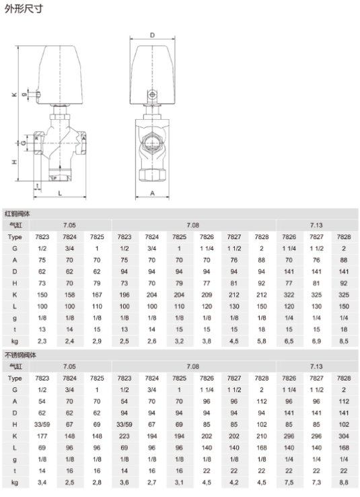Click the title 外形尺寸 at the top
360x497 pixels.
pyautogui.click(x=24, y=9)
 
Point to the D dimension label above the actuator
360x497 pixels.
pyautogui.click(x=152, y=35)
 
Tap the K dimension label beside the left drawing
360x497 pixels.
pyautogui.click(x=14, y=94)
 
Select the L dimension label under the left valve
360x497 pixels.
pyautogui.click(x=60, y=193)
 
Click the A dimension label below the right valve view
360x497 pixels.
pyautogui.click(x=152, y=193)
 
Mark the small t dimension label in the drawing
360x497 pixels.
pyautogui.click(x=38, y=185)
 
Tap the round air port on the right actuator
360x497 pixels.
pyautogui.click(x=152, y=95)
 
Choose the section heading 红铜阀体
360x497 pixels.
pyautogui.click(x=17, y=214)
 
